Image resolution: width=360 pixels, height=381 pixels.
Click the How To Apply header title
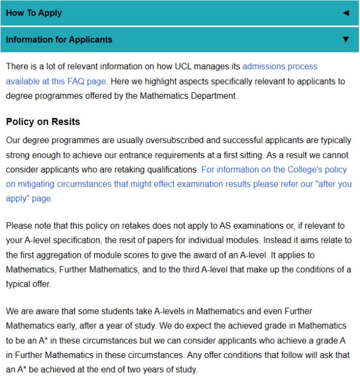[x=34, y=13]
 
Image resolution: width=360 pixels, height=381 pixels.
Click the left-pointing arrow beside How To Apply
[x=345, y=13]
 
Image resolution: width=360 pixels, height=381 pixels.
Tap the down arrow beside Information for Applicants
[x=345, y=39]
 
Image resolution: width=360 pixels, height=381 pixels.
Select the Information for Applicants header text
[x=59, y=39]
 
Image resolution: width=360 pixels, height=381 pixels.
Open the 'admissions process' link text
[x=280, y=67]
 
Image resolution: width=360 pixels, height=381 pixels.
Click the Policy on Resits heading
[x=43, y=121]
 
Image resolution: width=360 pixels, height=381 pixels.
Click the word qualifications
[x=172, y=170]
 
